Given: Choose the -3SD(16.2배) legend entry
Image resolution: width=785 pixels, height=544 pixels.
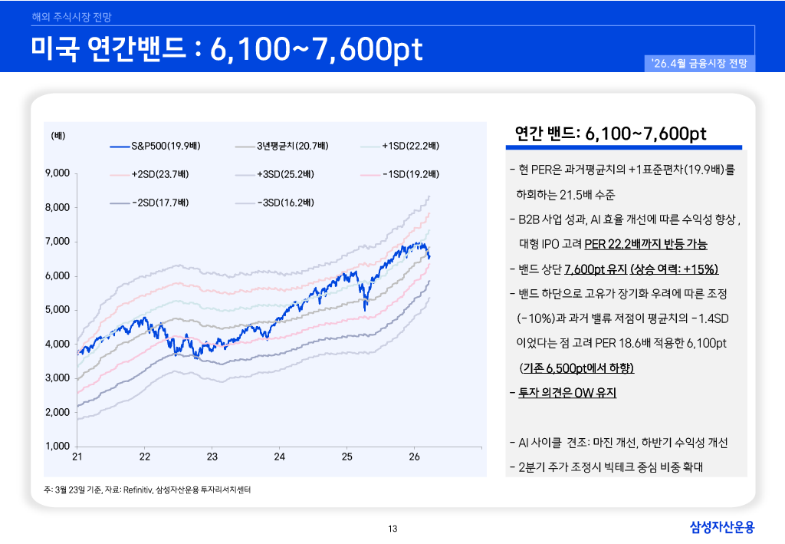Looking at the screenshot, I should (284, 203).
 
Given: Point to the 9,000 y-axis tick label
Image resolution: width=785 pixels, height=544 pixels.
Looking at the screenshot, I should (59, 173).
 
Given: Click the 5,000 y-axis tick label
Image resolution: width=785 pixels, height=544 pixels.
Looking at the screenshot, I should (59, 310).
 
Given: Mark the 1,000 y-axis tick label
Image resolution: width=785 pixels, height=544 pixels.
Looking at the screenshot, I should (59, 446).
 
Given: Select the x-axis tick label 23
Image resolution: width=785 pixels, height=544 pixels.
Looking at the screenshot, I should (212, 457).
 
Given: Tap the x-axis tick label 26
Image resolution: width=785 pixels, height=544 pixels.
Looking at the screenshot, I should (414, 457).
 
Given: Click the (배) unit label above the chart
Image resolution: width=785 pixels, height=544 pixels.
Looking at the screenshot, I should (58, 136).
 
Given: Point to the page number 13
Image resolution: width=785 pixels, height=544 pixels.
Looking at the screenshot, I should (392, 528).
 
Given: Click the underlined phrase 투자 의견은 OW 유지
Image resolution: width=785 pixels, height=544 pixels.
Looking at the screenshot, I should (567, 393).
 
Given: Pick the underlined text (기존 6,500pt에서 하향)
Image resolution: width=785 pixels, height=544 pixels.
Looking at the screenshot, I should (576, 368).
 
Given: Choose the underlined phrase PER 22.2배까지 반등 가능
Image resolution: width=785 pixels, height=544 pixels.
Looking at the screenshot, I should (645, 245).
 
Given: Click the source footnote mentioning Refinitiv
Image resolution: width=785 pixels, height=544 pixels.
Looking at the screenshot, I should (149, 490).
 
